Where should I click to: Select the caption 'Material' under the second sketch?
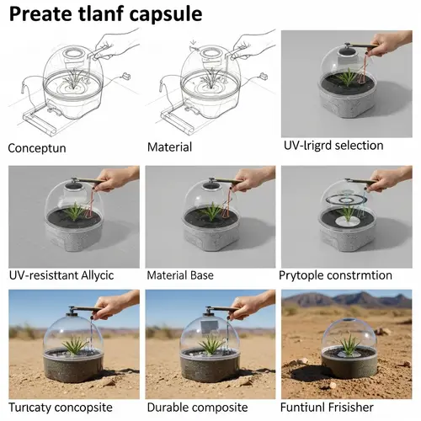169,147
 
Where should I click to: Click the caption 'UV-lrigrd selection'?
333,146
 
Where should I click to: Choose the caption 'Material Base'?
180,275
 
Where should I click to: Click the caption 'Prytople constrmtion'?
335,275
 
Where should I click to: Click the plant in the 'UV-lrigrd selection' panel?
346,78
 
